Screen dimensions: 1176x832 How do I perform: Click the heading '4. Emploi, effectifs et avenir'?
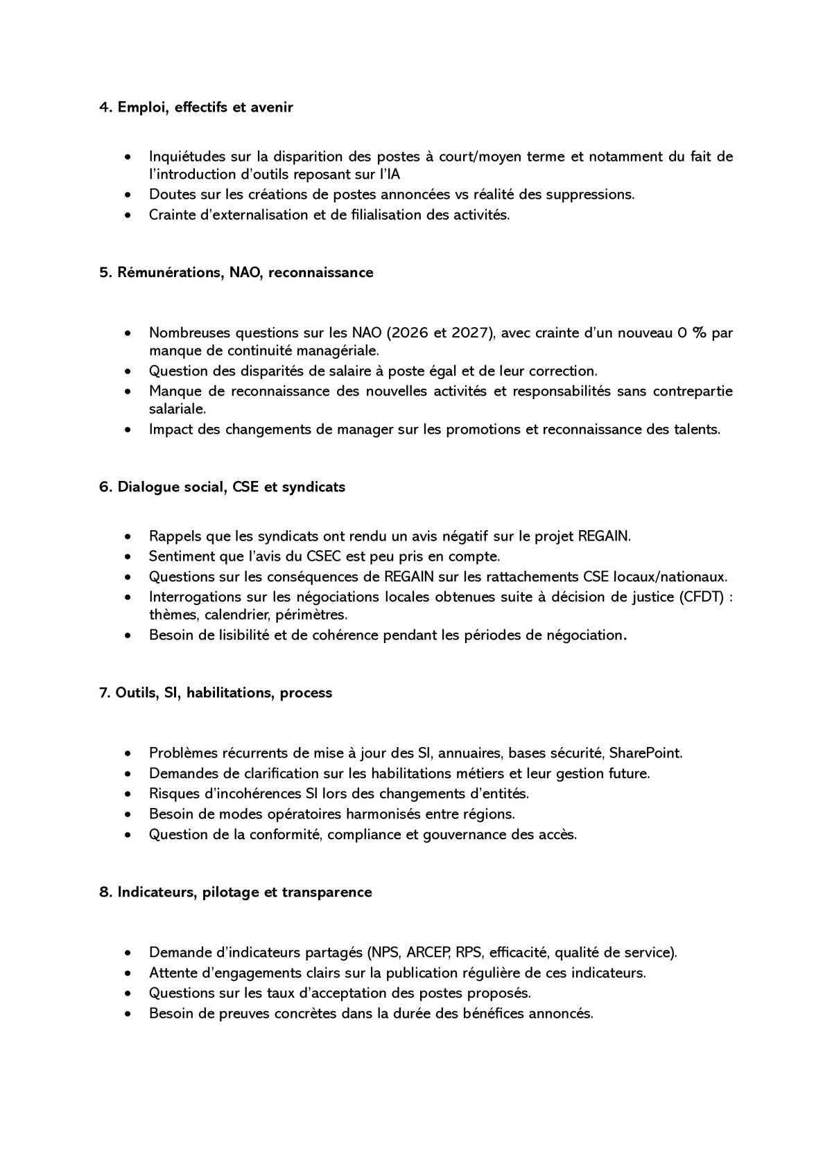(x=196, y=107)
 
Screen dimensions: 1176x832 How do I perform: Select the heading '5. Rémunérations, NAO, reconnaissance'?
(x=236, y=272)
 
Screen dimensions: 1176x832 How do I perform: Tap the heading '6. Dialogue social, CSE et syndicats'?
(x=222, y=486)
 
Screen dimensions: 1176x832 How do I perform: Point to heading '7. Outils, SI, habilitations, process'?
(x=216, y=693)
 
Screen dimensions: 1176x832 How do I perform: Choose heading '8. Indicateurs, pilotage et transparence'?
(x=235, y=892)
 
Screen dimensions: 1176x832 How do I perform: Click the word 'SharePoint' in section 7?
(x=645, y=753)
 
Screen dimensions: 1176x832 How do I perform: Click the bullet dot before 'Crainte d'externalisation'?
(x=128, y=216)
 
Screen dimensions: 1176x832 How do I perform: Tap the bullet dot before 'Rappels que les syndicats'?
(x=128, y=537)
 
